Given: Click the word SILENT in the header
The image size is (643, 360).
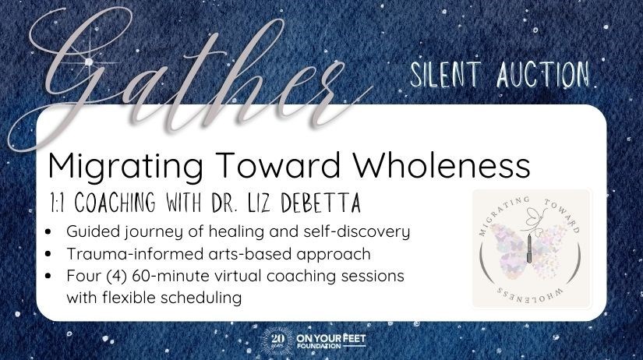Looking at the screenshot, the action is click(446, 75).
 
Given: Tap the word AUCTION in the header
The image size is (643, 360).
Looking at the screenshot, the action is click(543, 74).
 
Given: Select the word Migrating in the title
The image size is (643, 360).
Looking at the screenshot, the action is click(125, 166).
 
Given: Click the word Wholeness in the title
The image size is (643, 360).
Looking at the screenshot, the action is click(442, 165).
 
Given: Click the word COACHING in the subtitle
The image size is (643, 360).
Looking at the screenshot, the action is click(115, 202).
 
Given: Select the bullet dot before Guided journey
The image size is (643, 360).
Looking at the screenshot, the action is click(49, 232).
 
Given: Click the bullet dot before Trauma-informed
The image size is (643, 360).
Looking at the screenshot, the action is click(49, 254).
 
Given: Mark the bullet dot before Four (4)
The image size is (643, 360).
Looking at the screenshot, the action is click(49, 276).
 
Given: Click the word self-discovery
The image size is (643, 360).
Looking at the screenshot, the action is click(357, 231).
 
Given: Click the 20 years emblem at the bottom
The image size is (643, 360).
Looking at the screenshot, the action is click(277, 341).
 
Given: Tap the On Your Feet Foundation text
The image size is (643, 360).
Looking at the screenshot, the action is click(331, 341).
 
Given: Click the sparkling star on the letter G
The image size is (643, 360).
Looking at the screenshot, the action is click(88, 62).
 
